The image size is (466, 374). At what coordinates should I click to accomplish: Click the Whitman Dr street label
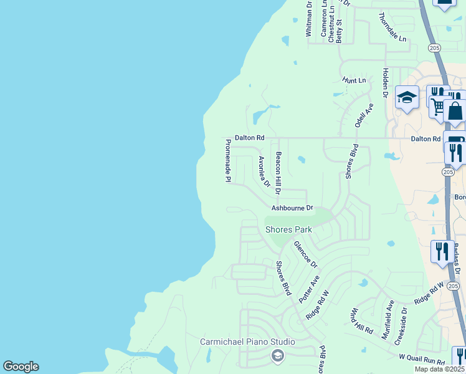309,19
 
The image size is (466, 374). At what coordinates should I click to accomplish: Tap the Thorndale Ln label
392,27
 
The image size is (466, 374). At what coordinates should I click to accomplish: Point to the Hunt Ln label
354,80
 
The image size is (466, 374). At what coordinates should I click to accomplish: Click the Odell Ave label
364,115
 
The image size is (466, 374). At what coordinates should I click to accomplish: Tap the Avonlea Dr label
264,171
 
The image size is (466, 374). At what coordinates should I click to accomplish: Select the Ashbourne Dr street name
292,208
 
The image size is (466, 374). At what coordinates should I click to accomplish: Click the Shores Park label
288,229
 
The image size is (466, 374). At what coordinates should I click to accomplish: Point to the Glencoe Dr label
305,254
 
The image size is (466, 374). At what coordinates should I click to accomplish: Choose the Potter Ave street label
309,289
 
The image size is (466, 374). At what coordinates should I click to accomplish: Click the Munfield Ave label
389,319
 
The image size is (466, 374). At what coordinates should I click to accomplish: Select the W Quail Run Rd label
422,360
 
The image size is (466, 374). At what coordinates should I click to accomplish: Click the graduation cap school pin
407,97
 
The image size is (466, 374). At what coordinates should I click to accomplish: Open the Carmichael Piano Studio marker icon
278,355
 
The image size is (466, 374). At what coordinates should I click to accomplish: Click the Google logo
21,367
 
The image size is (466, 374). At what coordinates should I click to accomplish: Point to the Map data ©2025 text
440,369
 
